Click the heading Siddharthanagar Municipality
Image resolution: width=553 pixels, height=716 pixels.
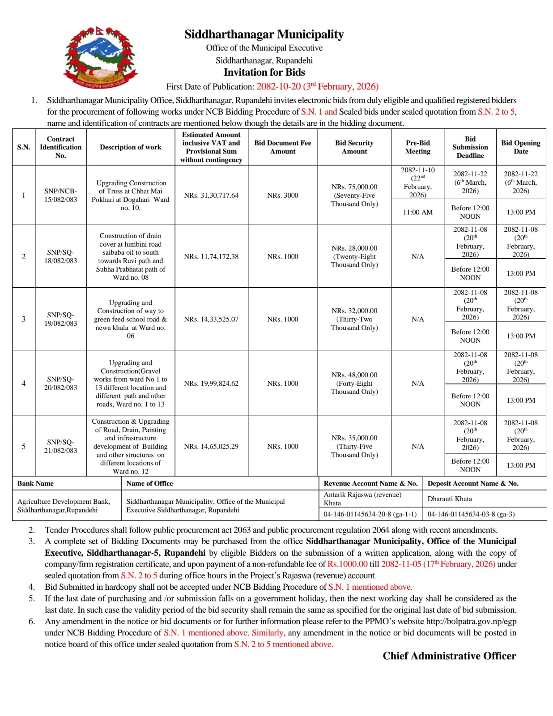coord(264,34)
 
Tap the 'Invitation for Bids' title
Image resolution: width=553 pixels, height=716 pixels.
coord(264,72)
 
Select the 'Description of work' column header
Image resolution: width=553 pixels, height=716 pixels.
coord(130,147)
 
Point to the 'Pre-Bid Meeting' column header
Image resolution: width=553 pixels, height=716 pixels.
coord(417,147)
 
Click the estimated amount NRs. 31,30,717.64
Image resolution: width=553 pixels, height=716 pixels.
coord(211,196)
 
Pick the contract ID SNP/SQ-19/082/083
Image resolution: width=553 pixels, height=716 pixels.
coord(60,319)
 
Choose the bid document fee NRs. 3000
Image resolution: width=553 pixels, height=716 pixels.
coord(283,196)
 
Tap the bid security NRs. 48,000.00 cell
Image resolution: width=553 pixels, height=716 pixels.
coord(354,383)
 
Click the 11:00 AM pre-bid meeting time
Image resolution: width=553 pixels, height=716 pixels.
coord(417,212)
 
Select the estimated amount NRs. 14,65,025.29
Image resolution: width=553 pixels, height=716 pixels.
coord(211,446)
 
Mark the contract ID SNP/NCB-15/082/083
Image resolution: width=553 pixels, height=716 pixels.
coord(60,195)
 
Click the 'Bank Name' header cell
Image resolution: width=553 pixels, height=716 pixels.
coord(35,483)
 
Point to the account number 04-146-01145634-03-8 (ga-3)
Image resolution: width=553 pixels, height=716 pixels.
coord(471,514)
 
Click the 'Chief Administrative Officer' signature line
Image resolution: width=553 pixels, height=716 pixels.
coord(449,656)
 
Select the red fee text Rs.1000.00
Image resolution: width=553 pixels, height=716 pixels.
coord(347,564)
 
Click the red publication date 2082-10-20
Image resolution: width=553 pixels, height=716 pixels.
coord(278,86)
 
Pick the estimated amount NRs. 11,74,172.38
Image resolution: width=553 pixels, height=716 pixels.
coord(211,256)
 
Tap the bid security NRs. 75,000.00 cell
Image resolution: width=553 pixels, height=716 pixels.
coord(354,195)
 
